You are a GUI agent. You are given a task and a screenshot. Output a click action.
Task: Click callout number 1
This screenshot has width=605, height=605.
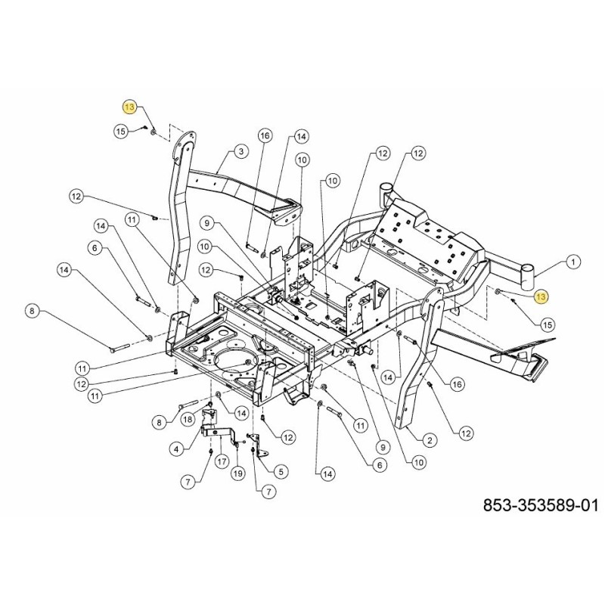pos(572,262)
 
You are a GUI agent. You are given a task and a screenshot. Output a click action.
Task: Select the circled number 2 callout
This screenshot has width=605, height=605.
pos(429,439)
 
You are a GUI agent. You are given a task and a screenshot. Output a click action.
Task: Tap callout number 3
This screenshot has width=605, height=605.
pos(240,152)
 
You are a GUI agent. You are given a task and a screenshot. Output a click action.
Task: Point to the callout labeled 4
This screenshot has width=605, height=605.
pos(176,448)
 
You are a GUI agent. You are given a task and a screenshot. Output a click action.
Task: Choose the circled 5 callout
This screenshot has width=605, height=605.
pos(281,471)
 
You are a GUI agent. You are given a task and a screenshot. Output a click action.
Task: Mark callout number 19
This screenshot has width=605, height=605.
pos(237,473)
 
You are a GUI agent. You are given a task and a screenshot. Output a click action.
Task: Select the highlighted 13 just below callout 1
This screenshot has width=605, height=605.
pos(540,296)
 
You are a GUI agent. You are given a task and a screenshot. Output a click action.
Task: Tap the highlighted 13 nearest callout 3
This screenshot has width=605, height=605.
pos(130,107)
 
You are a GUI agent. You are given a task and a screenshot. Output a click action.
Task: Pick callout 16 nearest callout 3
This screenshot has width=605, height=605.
pos(264,136)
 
